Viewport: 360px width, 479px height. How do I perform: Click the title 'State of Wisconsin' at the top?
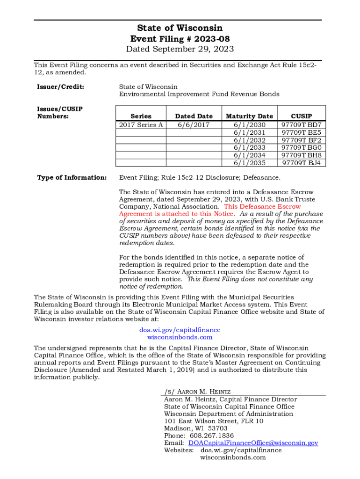tap(180, 28)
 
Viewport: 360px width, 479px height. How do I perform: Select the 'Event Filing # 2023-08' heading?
tap(180, 39)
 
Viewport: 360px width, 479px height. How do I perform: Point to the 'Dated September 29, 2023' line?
tap(180, 49)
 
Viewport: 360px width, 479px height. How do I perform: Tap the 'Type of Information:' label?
tap(72, 177)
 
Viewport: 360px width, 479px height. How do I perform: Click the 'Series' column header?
tap(141, 116)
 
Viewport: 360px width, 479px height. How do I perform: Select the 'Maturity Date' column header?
tap(249, 116)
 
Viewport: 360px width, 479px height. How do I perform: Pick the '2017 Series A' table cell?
tap(141, 125)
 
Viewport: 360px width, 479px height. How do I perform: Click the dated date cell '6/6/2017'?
tap(194, 125)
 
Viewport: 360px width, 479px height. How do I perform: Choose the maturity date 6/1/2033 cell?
tap(249, 148)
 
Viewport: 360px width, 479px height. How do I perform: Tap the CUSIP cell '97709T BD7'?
tap(301, 125)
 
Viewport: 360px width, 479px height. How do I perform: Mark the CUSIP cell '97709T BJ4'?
tap(301, 163)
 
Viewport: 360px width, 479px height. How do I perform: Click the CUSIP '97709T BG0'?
tap(301, 148)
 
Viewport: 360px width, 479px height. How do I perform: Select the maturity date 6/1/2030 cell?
tap(249, 125)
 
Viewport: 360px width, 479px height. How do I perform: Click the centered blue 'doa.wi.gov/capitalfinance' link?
tap(180, 330)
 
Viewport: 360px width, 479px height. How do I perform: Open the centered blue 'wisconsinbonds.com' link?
tap(180, 337)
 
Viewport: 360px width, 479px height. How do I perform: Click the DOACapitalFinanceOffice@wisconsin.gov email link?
tap(253, 443)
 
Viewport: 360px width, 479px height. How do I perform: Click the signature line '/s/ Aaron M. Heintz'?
tap(197, 392)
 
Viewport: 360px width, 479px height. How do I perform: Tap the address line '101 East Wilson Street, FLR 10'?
tap(213, 421)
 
